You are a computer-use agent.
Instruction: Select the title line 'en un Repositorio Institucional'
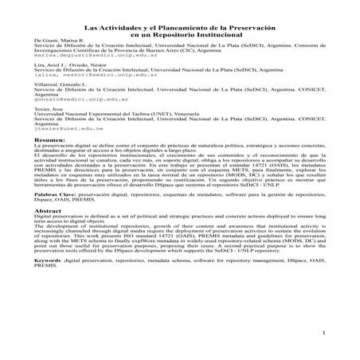click(179, 34)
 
